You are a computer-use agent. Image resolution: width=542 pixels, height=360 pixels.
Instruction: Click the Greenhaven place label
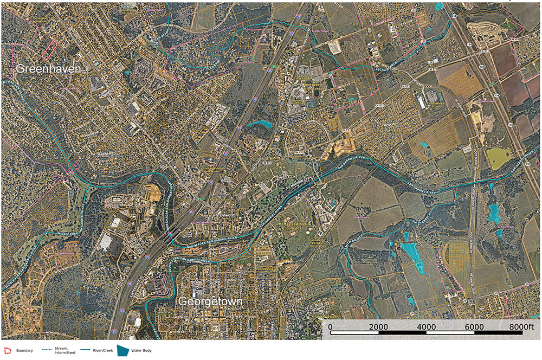pyautogui.click(x=48, y=69)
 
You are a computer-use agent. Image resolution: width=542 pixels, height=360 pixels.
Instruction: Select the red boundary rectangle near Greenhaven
pyautogui.click(x=49, y=49)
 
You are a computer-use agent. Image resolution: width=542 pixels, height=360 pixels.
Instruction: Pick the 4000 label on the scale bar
pyautogui.click(x=427, y=327)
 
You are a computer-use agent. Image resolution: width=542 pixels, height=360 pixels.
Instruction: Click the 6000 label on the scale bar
pyautogui.click(x=474, y=327)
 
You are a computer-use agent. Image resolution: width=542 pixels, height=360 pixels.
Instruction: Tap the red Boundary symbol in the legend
pyautogui.click(x=7, y=351)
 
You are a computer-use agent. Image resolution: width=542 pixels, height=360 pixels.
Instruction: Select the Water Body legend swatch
pyautogui.click(x=124, y=351)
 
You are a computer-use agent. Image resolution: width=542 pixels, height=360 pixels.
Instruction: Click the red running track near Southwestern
pyautogui.click(x=358, y=313)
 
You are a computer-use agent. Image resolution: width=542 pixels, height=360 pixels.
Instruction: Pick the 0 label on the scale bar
pyautogui.click(x=330, y=327)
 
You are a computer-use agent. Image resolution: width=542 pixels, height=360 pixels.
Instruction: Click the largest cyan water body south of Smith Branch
pyautogui.click(x=412, y=256)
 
